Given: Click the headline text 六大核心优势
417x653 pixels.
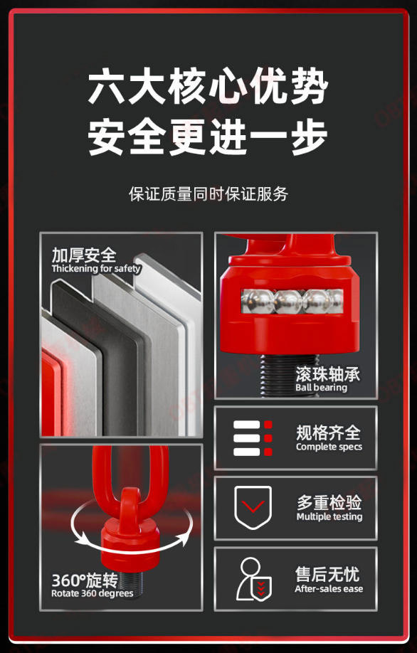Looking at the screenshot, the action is (208, 87).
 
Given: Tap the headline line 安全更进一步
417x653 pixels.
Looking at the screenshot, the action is (208, 137).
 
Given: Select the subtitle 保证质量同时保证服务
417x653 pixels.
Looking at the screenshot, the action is (208, 194).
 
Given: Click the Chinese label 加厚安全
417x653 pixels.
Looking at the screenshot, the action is (84, 255).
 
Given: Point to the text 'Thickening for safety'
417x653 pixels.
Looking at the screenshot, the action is (96, 269).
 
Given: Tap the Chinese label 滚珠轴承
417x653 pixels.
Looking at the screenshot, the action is (327, 373).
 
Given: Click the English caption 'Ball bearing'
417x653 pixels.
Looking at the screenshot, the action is (321, 387).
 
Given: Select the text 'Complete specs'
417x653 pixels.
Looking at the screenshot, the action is (329, 447).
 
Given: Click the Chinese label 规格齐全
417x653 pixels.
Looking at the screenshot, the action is (328, 432).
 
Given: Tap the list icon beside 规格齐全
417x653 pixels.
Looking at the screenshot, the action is (253, 438).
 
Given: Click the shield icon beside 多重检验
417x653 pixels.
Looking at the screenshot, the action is (253, 508).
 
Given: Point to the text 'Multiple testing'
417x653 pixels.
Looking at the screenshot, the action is (329, 517).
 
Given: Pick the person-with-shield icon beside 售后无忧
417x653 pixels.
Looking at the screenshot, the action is (254, 579).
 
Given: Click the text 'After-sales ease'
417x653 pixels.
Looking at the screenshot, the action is (329, 588).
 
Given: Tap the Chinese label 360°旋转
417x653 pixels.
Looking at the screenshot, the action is (85, 580).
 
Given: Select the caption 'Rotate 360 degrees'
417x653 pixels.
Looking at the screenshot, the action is (92, 593).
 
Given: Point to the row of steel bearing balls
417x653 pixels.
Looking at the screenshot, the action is (292, 301).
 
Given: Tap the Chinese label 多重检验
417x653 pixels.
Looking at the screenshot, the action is (329, 503).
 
